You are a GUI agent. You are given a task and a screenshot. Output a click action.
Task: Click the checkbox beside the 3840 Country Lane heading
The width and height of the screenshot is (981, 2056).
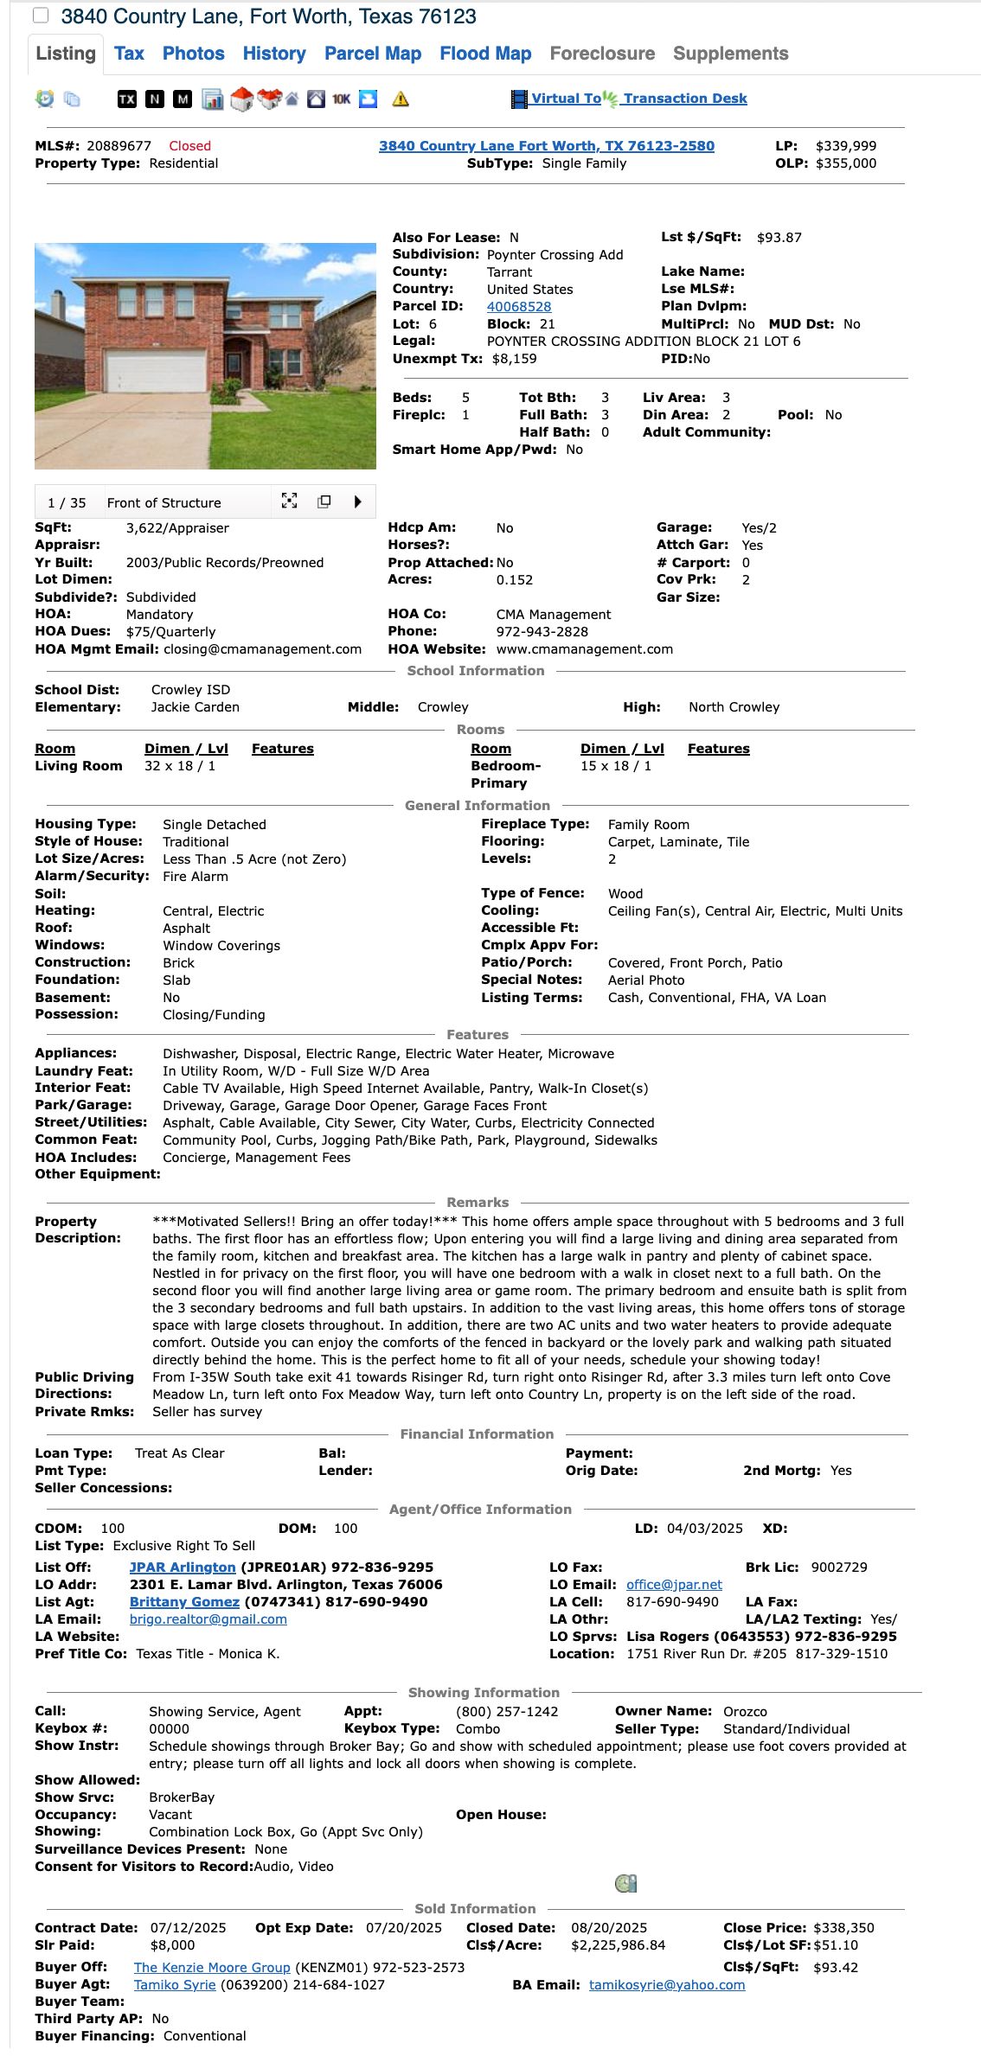coord(41,16)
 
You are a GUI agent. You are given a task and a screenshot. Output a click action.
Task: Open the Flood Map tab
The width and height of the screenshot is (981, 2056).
coord(485,54)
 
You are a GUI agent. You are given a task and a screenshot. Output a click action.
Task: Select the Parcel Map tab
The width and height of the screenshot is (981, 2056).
coord(373,54)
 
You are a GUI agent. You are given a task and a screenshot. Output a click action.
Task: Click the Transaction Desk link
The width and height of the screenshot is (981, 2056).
coord(685,99)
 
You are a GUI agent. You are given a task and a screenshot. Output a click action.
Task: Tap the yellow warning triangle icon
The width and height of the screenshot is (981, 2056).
coord(401,99)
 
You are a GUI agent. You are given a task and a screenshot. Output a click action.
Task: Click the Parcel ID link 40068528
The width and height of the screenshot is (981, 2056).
coord(518,307)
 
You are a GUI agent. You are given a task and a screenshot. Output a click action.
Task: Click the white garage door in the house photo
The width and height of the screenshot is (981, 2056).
coord(156,369)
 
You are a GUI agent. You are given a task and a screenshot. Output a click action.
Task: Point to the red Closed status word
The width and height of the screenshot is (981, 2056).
coord(189,146)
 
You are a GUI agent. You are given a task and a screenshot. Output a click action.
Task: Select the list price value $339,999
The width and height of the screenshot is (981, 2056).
coord(845,146)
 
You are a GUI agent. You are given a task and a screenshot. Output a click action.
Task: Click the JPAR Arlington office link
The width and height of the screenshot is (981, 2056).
coord(183,1568)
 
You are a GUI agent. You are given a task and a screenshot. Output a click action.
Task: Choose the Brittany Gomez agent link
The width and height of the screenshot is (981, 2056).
coord(184,1602)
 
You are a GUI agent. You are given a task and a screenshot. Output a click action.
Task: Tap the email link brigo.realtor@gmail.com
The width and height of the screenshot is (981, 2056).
coord(208,1619)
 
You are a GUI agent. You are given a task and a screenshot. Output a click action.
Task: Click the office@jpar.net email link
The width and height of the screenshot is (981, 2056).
coord(674,1585)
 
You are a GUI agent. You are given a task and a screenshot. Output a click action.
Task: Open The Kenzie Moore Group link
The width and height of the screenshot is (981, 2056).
coord(212,1968)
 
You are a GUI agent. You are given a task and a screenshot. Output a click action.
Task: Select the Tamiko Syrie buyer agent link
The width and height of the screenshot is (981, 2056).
coord(175,1985)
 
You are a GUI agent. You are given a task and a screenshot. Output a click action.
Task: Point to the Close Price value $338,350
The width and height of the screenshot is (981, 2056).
coord(843,1928)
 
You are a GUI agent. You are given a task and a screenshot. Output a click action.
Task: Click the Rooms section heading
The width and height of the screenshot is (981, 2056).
coord(480,730)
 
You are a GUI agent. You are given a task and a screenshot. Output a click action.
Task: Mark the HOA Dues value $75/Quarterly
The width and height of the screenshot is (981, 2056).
coord(170,632)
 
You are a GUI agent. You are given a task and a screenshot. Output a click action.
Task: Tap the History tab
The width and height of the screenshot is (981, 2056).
coord(274,54)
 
